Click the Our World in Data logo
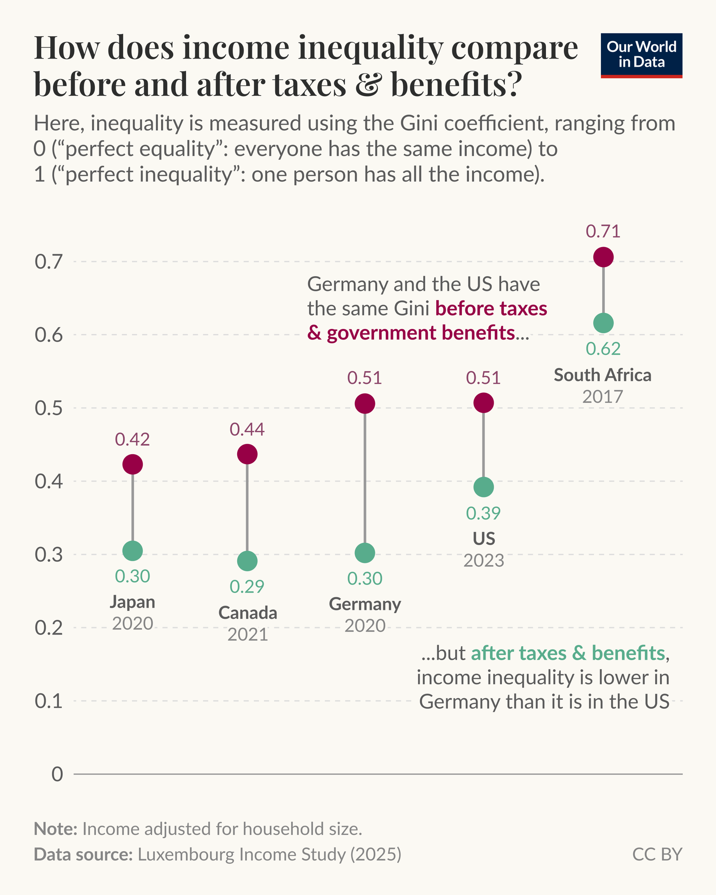[x=641, y=55]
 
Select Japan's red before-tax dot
[x=132, y=464]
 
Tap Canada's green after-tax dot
[x=247, y=561]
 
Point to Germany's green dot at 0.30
[x=365, y=553]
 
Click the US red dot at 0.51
[x=483, y=403]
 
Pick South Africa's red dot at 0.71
[x=603, y=257]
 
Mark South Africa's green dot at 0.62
[x=603, y=323]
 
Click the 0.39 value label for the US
[x=483, y=513]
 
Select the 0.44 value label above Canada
[x=247, y=430]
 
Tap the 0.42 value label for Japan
[x=132, y=439]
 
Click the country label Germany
[x=365, y=604]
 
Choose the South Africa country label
[x=603, y=375]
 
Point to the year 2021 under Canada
[x=247, y=635]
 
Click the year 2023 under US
[x=484, y=560]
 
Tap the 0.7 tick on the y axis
[x=48, y=262]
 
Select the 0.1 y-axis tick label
[x=48, y=701]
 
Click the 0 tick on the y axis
[x=57, y=774]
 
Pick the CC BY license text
[x=657, y=854]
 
